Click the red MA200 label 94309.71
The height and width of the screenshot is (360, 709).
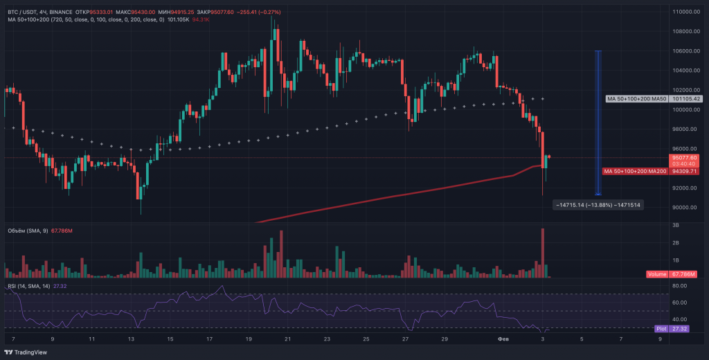pos(634,171)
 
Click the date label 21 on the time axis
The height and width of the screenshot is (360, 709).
pos(288,339)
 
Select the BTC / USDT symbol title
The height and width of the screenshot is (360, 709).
pos(22,12)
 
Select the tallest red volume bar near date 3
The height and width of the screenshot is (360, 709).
pos(543,253)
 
